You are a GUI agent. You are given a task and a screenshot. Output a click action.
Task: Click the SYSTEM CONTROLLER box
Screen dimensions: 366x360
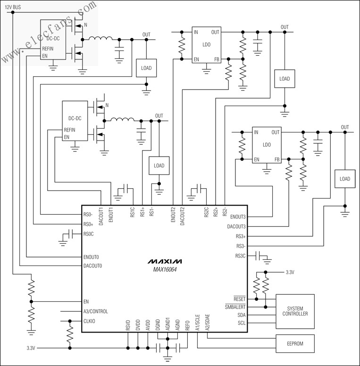tap(295, 311)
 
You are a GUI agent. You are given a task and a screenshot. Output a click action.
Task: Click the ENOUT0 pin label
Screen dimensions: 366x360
tap(93, 257)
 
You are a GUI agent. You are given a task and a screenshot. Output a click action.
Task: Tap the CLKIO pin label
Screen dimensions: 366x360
tap(90, 322)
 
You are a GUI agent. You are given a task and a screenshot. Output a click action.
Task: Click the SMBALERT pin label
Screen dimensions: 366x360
tap(235, 307)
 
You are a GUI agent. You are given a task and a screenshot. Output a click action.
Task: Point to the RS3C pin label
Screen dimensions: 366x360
tap(240, 256)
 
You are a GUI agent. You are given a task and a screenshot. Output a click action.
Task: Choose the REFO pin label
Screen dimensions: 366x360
tap(188, 325)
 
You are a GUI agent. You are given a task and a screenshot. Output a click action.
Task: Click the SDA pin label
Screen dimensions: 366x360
tap(241, 315)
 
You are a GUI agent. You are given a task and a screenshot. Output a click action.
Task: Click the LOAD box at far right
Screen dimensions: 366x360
tap(345, 179)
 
